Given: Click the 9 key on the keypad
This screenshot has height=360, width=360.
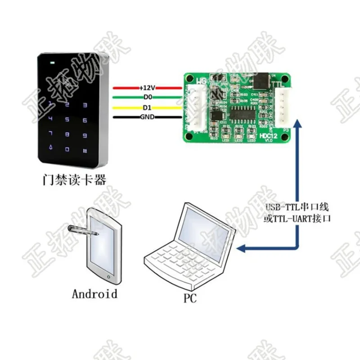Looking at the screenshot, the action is [x=84, y=135].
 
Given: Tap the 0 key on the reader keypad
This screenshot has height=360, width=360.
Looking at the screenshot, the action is [x=67, y=149].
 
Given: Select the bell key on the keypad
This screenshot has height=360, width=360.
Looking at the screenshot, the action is [x=51, y=148].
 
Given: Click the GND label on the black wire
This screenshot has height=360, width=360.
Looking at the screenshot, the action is [x=147, y=118].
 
